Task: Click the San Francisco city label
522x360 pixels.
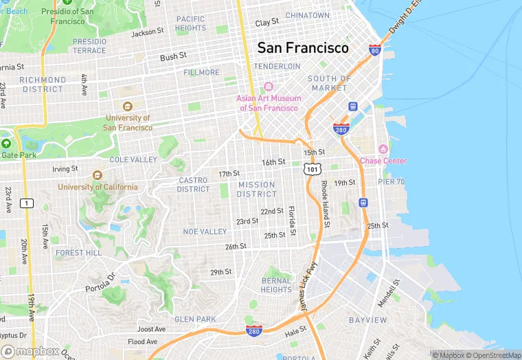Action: (303, 48)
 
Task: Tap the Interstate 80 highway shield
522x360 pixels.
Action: (374, 50)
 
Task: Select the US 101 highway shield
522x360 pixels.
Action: (313, 168)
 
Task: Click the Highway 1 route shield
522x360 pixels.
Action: (27, 203)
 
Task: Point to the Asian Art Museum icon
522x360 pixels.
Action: (268, 87)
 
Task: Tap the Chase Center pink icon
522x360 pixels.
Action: (383, 149)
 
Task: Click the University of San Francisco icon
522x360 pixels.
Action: (127, 106)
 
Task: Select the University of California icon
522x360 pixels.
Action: (97, 175)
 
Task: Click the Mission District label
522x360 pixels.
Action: (256, 189)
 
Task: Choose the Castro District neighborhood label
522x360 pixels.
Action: (193, 185)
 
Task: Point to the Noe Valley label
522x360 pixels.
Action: (205, 232)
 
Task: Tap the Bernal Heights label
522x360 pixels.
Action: (276, 285)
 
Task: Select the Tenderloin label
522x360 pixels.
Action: (277, 66)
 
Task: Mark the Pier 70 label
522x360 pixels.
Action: (391, 181)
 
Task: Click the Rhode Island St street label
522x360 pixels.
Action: (325, 205)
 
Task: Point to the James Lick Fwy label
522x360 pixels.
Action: (308, 284)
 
